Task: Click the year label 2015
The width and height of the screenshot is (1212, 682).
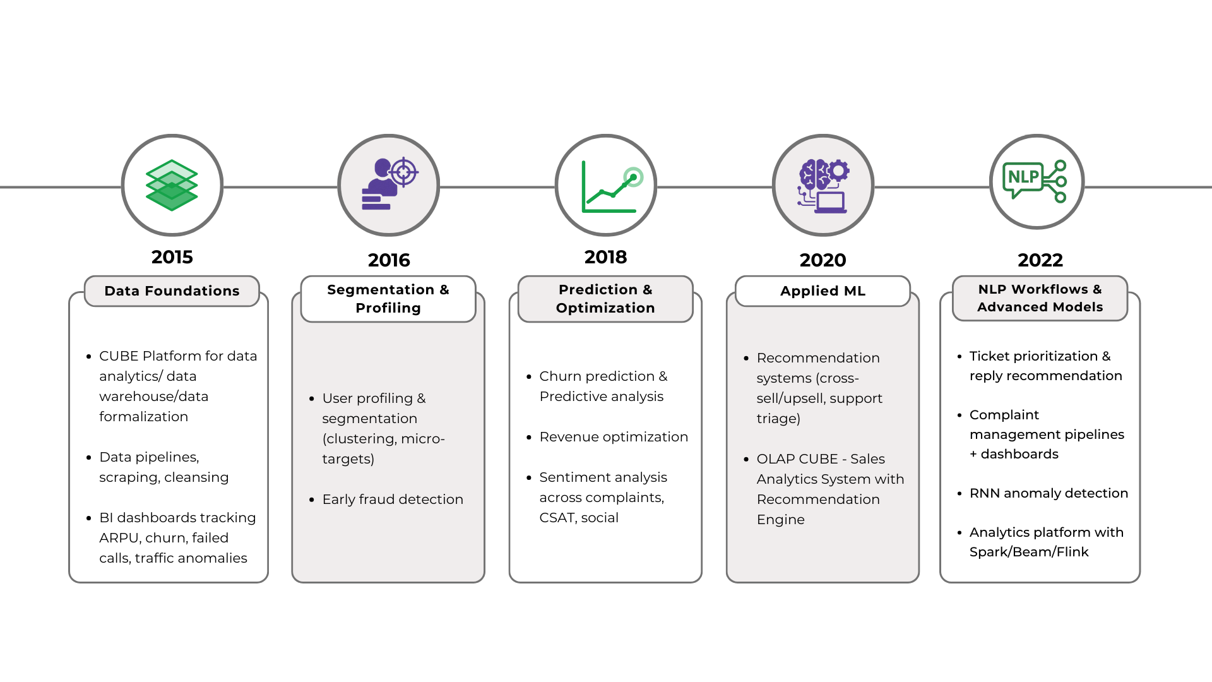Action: point(172,257)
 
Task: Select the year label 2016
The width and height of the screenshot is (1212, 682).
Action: point(389,260)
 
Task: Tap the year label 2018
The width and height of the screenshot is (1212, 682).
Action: point(605,257)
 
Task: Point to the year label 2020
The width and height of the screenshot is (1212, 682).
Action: point(823,260)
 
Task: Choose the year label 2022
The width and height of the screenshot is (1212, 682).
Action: point(1040,260)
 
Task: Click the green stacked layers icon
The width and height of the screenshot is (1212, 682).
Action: point(172,185)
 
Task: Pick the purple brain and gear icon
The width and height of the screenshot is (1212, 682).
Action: point(823,186)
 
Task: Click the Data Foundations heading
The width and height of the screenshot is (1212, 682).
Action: point(172,291)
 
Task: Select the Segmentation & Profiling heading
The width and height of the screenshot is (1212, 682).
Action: point(388,299)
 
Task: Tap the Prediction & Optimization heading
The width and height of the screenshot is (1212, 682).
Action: point(605,299)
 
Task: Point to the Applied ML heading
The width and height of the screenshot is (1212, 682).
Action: point(823,291)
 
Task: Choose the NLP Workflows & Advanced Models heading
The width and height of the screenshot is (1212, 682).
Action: point(1040,298)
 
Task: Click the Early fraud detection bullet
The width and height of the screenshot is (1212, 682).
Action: point(393,500)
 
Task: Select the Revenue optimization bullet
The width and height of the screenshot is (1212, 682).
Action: point(614,437)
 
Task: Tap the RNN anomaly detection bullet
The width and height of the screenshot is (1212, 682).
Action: point(1049,493)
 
